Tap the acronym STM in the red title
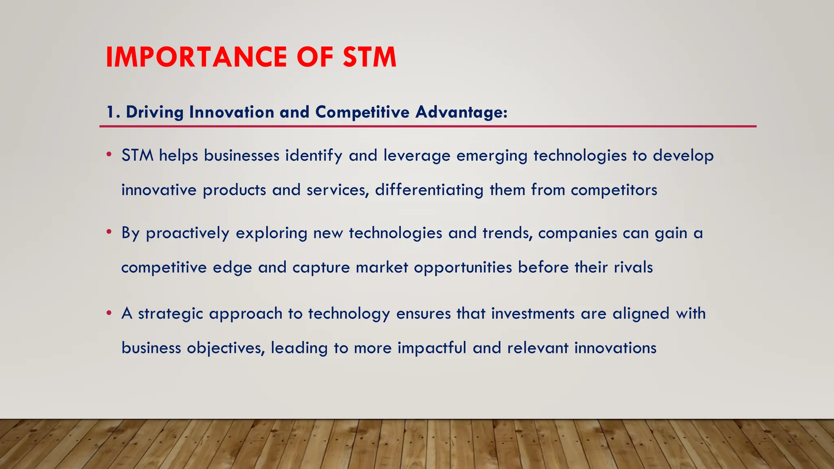pyautogui.click(x=369, y=57)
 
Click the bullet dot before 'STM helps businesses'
pyautogui.click(x=109, y=155)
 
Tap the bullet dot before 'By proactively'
pyautogui.click(x=109, y=232)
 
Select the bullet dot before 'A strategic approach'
pyautogui.click(x=109, y=313)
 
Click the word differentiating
pyautogui.click(x=429, y=190)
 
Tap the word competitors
pyautogui.click(x=614, y=190)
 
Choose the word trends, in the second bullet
pyautogui.click(x=507, y=233)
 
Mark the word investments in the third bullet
pyautogui.click(x=533, y=313)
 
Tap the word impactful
pyautogui.click(x=432, y=348)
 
